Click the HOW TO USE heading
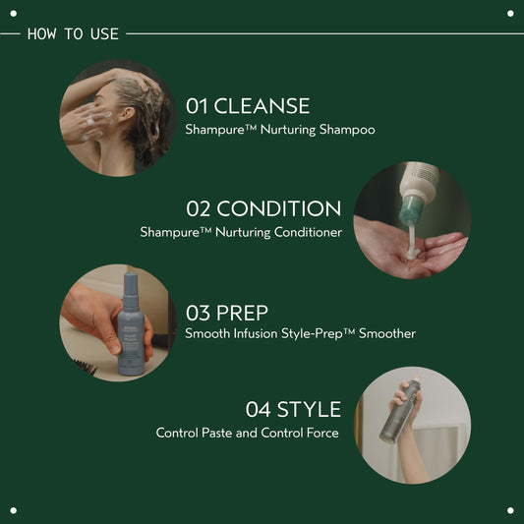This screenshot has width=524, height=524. pos(73,33)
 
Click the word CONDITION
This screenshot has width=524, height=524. pos(279,209)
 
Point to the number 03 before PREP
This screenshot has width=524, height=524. pos(199,313)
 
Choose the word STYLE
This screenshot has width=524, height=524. pos(309,409)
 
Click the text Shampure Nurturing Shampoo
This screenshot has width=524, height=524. pos(280,129)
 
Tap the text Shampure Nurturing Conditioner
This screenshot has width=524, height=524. pos(241,232)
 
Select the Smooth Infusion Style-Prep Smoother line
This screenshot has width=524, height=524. pos(300,334)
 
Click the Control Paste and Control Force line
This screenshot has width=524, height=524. pos(247,433)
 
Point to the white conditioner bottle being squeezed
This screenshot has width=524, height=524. pos(417,192)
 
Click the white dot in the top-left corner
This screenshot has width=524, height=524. pos(14,13)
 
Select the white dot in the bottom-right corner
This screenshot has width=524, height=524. pos(509,509)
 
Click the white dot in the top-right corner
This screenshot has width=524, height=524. pos(509,13)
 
